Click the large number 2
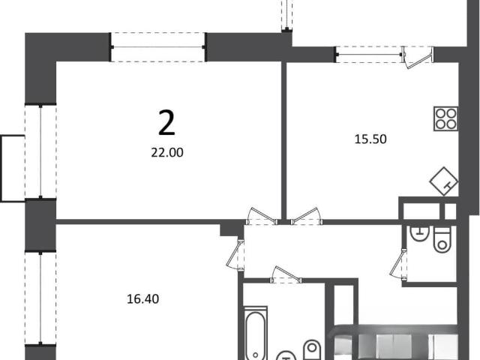[166, 123]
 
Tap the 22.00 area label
[167, 152]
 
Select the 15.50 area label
[370, 139]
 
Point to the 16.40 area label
[143, 299]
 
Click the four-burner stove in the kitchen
[446, 118]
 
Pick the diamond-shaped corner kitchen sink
[444, 181]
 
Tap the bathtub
[256, 333]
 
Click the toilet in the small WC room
[442, 240]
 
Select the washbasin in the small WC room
[419, 233]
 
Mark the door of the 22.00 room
[262, 217]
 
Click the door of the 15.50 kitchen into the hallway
[307, 217]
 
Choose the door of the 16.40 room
[235, 255]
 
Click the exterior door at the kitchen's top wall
[418, 57]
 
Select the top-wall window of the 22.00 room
[158, 47]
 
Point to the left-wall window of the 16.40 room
[40, 298]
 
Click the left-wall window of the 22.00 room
[40, 151]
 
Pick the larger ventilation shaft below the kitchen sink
[421, 211]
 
